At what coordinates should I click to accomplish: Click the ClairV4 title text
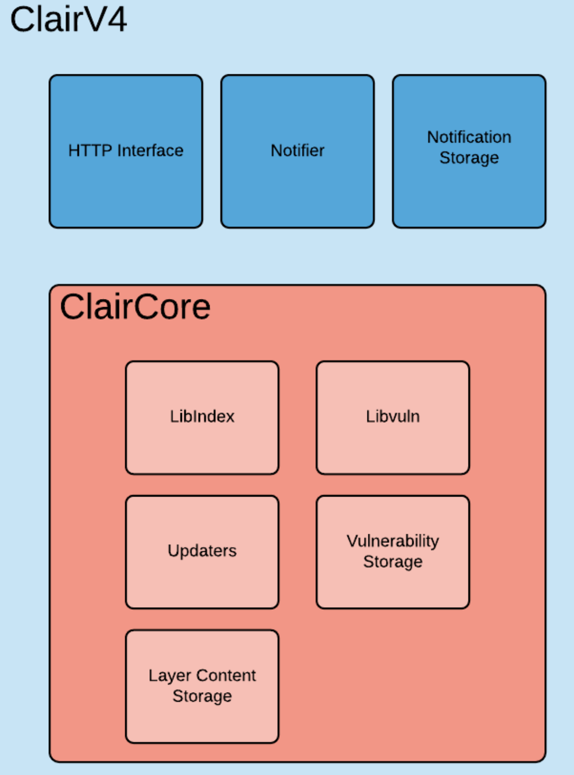pyautogui.click(x=68, y=20)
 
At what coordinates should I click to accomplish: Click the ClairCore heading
pyautogui.click(x=135, y=307)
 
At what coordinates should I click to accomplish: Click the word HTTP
pyautogui.click(x=90, y=150)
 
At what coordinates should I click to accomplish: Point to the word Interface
pyautogui.click(x=150, y=150)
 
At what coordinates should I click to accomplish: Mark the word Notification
pyautogui.click(x=469, y=137)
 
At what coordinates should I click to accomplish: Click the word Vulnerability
pyautogui.click(x=393, y=541)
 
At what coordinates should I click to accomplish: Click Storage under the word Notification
pyautogui.click(x=469, y=158)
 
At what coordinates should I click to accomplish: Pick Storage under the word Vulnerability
pyautogui.click(x=393, y=562)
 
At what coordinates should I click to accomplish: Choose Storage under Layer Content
pyautogui.click(x=202, y=696)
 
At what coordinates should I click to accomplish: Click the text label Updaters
pyautogui.click(x=202, y=551)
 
